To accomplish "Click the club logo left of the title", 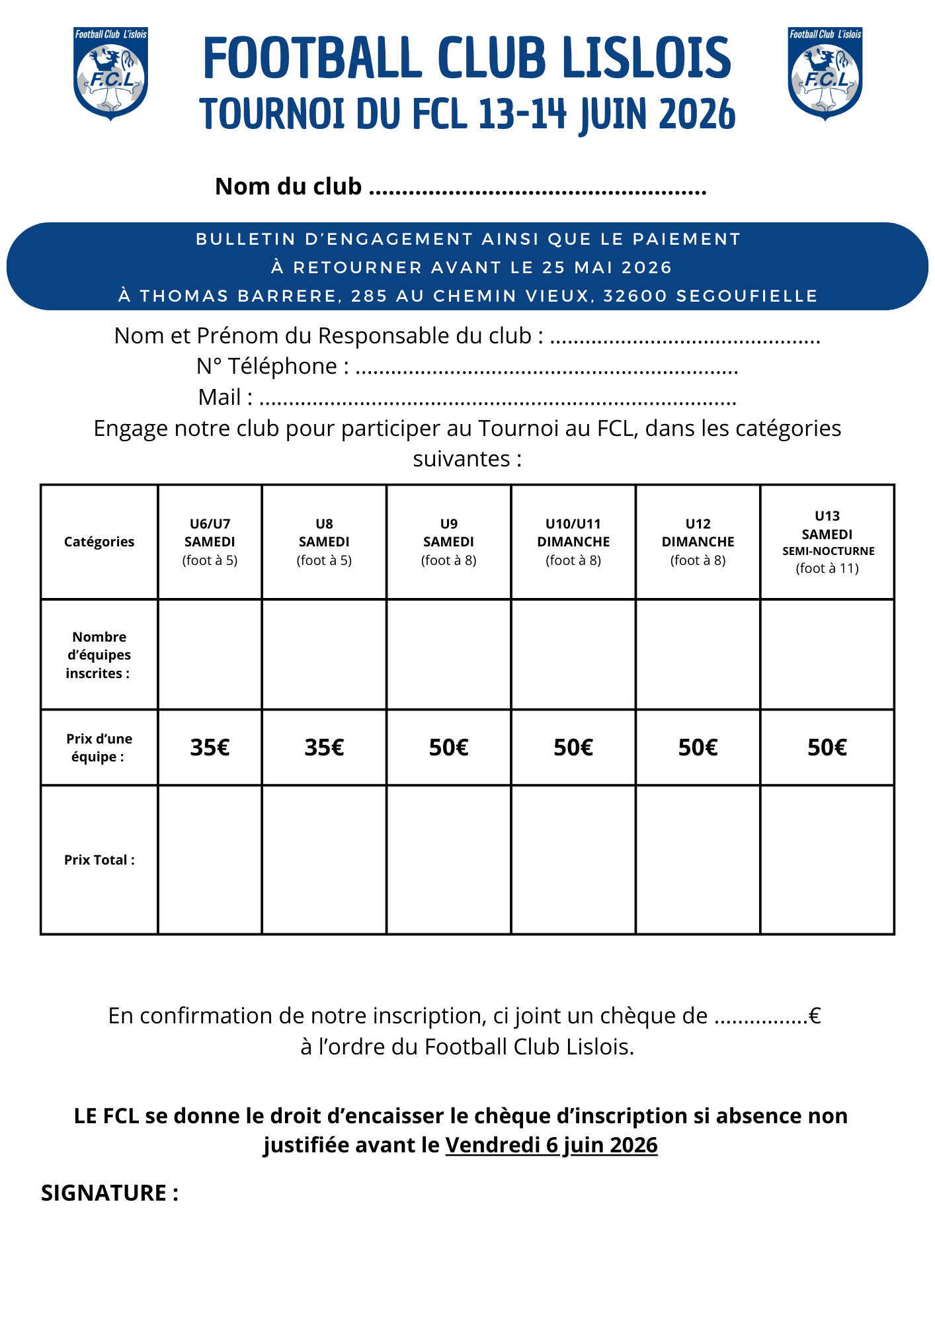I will tap(110, 73).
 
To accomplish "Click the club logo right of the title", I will tap(825, 73).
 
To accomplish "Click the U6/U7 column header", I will tap(210, 542).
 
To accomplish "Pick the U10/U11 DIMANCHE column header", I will tap(573, 542).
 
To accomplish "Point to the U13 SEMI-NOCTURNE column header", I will tap(827, 542).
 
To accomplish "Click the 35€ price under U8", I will tap(324, 747).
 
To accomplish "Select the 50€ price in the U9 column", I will tap(448, 747).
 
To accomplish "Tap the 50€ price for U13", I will tap(827, 747).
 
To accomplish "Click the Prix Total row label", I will tap(99, 860).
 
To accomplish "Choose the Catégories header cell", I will tap(99, 542).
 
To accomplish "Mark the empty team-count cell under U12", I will tap(698, 655).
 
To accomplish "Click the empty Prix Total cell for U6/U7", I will tap(210, 860).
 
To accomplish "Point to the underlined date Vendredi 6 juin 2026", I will tap(551, 1145).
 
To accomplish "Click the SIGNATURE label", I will tap(110, 1193).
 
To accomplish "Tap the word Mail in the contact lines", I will tap(220, 398).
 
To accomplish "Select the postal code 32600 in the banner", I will tap(635, 296).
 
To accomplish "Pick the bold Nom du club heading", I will tap(288, 187).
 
